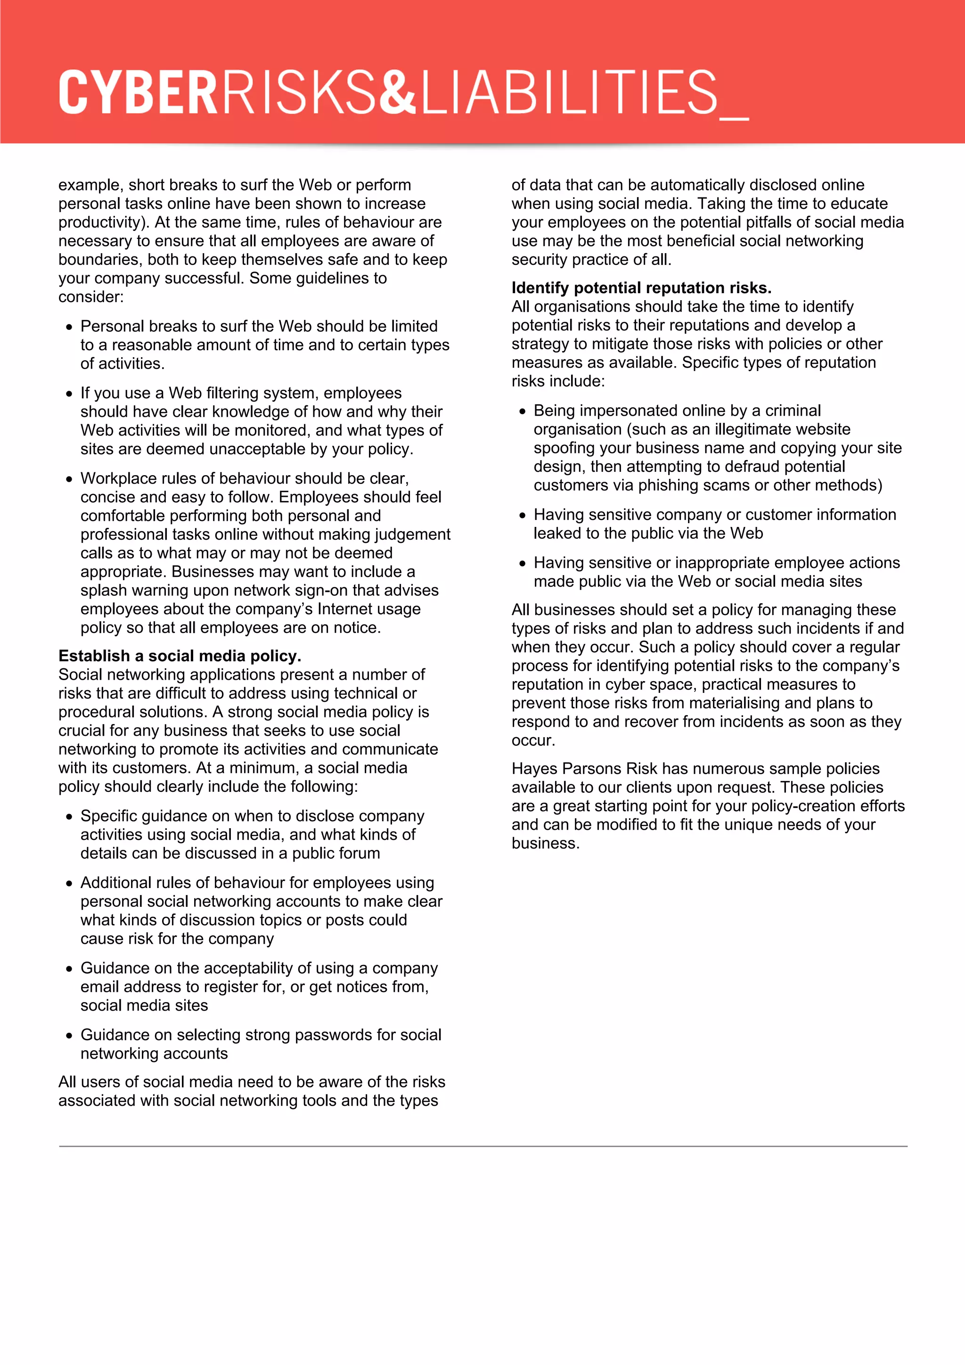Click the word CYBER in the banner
pyautogui.click(x=139, y=92)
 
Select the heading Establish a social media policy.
pyautogui.click(x=180, y=656)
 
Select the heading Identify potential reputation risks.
pyautogui.click(x=641, y=288)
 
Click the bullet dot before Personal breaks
pyautogui.click(x=70, y=327)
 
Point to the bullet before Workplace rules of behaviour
pyautogui.click(x=70, y=479)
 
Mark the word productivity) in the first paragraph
pyautogui.click(x=103, y=222)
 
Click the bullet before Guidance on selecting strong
pyautogui.click(x=70, y=1036)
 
